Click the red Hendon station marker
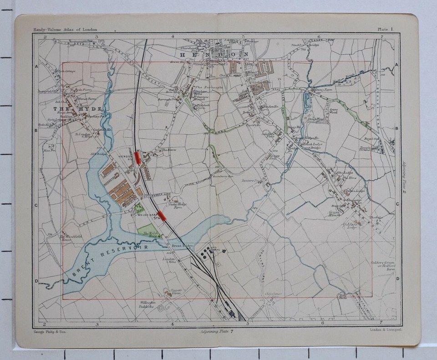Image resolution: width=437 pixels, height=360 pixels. point(137,157)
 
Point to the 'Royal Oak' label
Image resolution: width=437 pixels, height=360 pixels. point(376,139)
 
